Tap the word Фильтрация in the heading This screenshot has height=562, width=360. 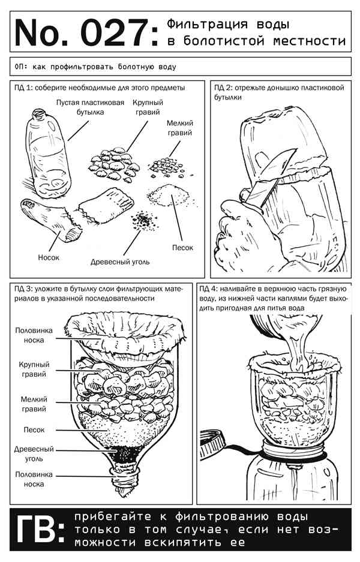207,24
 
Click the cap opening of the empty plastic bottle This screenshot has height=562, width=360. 38,113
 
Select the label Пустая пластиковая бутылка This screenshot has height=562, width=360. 90,107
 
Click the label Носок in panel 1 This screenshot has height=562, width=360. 49,257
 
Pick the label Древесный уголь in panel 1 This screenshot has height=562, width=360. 120,262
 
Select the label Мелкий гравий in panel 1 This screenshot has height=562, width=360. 179,128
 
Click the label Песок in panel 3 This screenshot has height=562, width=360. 34,429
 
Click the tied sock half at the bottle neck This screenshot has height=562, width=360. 124,477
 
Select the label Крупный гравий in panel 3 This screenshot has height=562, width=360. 34,369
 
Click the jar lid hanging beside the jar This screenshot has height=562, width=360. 212,444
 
